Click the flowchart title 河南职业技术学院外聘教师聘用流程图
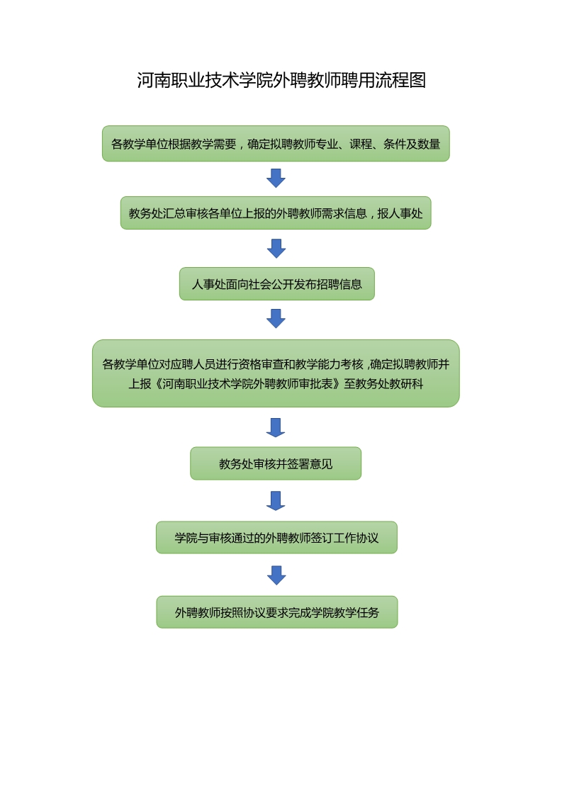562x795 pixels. [281, 80]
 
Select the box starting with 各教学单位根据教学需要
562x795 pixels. [276, 144]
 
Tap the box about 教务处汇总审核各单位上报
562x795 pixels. [276, 213]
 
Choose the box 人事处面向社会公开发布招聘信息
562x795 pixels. [276, 284]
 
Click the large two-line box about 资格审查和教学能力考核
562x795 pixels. [276, 373]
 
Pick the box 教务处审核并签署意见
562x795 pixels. [276, 464]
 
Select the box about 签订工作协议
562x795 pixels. [276, 538]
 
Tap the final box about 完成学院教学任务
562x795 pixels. [277, 612]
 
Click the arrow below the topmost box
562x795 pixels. [276, 178]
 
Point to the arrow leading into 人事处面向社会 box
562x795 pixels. [276, 248]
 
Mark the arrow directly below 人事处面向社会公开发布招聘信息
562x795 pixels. [276, 318]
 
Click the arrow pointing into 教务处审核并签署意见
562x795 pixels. [276, 427]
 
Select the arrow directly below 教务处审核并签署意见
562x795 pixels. [276, 500]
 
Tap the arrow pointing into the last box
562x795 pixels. [276, 575]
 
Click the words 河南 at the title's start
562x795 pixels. [154, 80]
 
